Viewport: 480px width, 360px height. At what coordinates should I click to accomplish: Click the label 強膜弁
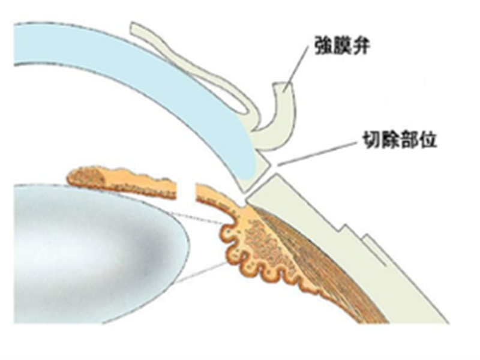click(341, 46)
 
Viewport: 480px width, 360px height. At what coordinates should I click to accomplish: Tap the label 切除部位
click(400, 140)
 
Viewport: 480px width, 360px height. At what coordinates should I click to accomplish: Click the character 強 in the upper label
click(323, 46)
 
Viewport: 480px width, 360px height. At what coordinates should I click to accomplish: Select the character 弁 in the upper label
click(360, 46)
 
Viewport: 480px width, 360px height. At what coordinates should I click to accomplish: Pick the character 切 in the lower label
click(371, 140)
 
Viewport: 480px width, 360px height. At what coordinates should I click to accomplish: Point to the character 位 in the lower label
click(428, 140)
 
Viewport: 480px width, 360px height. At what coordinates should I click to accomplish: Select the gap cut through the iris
click(186, 191)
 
